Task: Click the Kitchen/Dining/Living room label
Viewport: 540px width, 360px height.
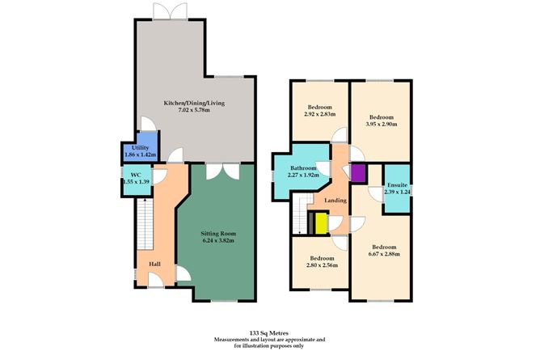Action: (194, 104)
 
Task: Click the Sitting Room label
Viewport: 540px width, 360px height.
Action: (217, 233)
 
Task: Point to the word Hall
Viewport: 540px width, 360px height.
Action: (154, 264)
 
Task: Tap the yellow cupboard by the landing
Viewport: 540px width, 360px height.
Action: (321, 222)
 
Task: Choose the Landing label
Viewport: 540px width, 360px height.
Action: (336, 200)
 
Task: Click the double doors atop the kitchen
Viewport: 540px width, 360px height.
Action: (158, 12)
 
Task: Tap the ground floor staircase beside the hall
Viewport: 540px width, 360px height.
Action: (144, 226)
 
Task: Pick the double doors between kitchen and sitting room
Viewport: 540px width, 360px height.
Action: (219, 171)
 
